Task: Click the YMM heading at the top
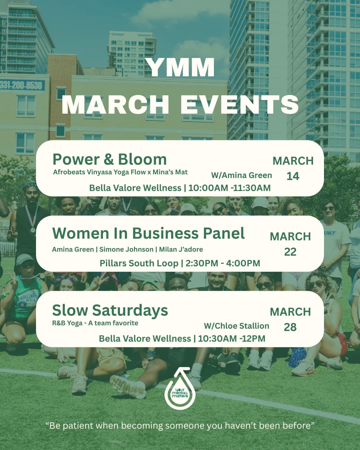coord(180,68)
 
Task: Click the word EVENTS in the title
coord(239,105)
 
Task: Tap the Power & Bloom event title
coord(109,159)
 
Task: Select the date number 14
coord(293,176)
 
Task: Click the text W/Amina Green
coord(241,175)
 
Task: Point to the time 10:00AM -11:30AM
coord(229,188)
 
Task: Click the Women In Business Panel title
coord(148,233)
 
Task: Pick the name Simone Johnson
coord(126,249)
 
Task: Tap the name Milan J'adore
coord(181,249)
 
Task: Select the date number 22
coord(290,252)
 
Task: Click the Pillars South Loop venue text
coord(139,263)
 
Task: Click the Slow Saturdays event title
coord(110,310)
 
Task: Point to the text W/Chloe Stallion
coord(236,326)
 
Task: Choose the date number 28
coord(290,327)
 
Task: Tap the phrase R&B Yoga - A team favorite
coord(95,323)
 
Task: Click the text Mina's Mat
coord(170,172)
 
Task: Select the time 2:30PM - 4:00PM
coord(223,263)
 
